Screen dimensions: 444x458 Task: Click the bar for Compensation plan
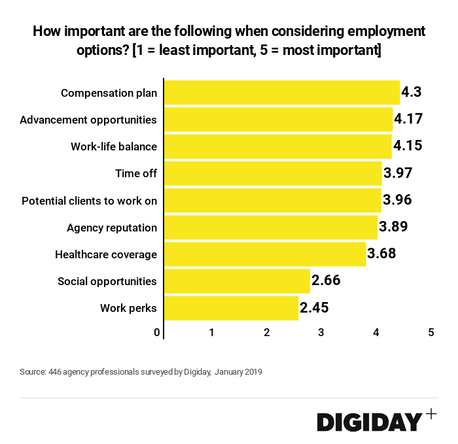(281, 93)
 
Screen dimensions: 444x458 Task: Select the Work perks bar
(231, 308)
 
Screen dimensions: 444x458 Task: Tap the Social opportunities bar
(237, 281)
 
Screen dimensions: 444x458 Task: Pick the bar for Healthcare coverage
(265, 254)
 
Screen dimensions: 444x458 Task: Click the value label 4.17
(408, 120)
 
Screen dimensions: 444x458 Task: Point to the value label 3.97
(398, 173)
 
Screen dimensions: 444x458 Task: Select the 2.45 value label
(314, 308)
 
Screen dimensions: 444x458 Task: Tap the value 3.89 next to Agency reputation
(394, 228)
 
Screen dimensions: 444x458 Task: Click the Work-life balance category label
(114, 146)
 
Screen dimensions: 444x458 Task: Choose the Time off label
(136, 173)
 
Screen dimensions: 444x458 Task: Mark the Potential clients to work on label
(90, 201)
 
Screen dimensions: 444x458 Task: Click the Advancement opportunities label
(88, 120)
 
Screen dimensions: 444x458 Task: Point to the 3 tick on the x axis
(321, 332)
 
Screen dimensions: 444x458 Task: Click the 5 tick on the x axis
(431, 332)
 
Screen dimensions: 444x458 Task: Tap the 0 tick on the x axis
(158, 332)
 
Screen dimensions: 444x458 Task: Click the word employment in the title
(383, 31)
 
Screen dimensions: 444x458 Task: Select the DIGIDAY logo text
(369, 422)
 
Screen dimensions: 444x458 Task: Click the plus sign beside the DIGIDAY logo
(431, 413)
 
